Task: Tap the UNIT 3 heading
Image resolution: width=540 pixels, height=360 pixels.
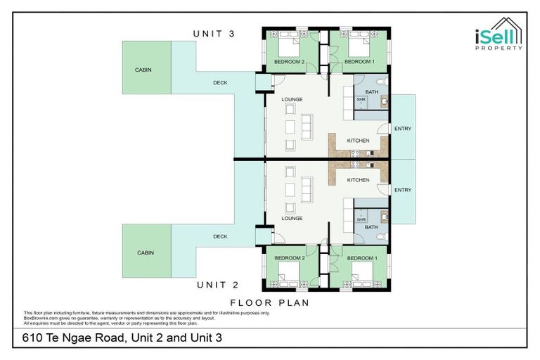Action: (214, 34)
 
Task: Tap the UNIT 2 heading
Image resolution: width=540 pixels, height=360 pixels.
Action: (218, 285)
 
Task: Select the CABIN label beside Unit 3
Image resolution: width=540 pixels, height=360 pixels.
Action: (143, 70)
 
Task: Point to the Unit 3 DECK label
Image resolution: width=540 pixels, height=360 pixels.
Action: (220, 82)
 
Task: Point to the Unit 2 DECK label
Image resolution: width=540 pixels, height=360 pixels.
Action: (220, 236)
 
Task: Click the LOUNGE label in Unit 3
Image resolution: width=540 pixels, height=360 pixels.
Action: (292, 99)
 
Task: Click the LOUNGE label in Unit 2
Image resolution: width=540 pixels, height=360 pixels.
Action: (292, 218)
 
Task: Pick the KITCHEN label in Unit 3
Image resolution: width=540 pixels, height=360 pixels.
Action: (358, 141)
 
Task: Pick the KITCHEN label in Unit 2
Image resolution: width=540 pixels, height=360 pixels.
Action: (358, 180)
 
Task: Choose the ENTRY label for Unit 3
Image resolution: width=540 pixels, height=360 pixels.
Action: (403, 129)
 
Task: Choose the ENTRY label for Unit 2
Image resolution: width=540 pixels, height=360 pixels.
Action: (403, 190)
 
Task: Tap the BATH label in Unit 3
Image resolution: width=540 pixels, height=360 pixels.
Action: (371, 91)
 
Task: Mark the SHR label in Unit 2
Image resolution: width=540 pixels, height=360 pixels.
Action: (361, 219)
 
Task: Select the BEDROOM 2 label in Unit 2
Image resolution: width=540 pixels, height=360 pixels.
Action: (288, 258)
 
